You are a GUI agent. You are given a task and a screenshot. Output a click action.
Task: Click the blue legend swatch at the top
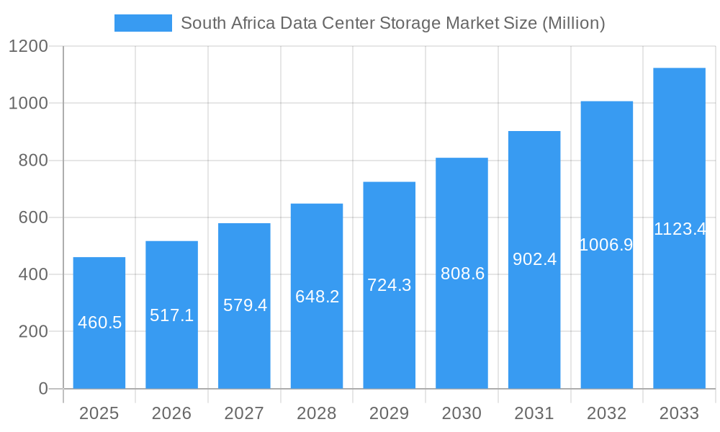click(143, 23)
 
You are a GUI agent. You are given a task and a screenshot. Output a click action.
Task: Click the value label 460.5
click(99, 323)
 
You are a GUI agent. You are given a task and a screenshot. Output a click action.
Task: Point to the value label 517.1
click(171, 315)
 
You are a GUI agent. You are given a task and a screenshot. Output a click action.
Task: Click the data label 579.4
click(245, 305)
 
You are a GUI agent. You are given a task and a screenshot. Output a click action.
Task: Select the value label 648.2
click(317, 297)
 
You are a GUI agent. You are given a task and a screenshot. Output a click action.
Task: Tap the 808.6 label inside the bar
click(462, 274)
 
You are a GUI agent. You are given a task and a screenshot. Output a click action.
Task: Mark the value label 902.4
click(534, 259)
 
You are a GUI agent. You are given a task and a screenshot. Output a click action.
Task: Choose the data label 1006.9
click(606, 245)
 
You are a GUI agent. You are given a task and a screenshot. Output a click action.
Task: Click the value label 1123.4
click(679, 229)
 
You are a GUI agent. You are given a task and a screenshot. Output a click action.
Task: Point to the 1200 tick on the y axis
click(27, 47)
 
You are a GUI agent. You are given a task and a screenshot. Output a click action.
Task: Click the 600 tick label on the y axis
click(32, 217)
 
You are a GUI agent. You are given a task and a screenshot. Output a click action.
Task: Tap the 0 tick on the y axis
click(42, 389)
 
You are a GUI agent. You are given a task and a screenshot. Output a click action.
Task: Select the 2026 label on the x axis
click(171, 413)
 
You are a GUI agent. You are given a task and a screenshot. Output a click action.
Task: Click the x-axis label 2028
click(317, 413)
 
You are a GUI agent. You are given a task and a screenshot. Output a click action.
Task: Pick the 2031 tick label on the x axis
click(534, 413)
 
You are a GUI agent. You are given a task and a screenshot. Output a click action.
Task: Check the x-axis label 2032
click(606, 413)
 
